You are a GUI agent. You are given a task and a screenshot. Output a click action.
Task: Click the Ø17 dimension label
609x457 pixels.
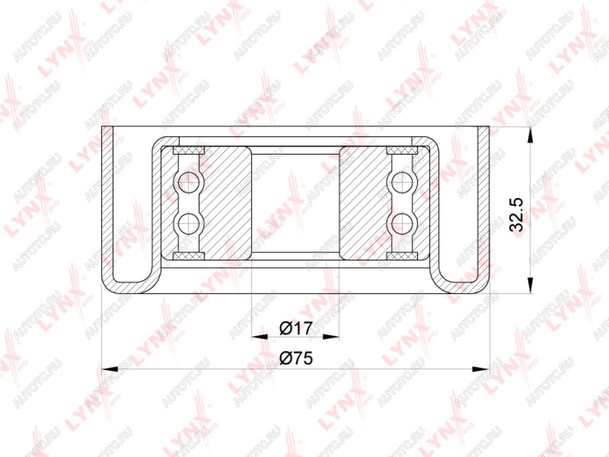pos(296,328)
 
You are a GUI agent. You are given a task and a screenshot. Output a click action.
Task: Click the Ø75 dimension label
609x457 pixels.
pos(296,358)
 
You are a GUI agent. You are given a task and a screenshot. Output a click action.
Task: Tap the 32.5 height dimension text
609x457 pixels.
pos(517,215)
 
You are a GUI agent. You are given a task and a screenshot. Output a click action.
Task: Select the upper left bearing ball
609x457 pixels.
pos(189,181)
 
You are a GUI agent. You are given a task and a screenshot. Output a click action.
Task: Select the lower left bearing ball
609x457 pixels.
pos(189,224)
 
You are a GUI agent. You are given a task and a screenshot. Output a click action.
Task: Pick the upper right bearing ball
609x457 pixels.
pos(402,181)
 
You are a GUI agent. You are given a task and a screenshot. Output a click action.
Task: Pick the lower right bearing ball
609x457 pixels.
pos(402,224)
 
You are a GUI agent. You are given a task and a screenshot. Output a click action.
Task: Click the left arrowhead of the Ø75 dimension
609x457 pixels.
pos(109,368)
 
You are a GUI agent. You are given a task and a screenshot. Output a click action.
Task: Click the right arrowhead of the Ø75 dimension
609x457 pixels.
pos(481,368)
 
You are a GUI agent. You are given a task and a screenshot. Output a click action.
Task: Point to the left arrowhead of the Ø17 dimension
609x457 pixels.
pos(260,337)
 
